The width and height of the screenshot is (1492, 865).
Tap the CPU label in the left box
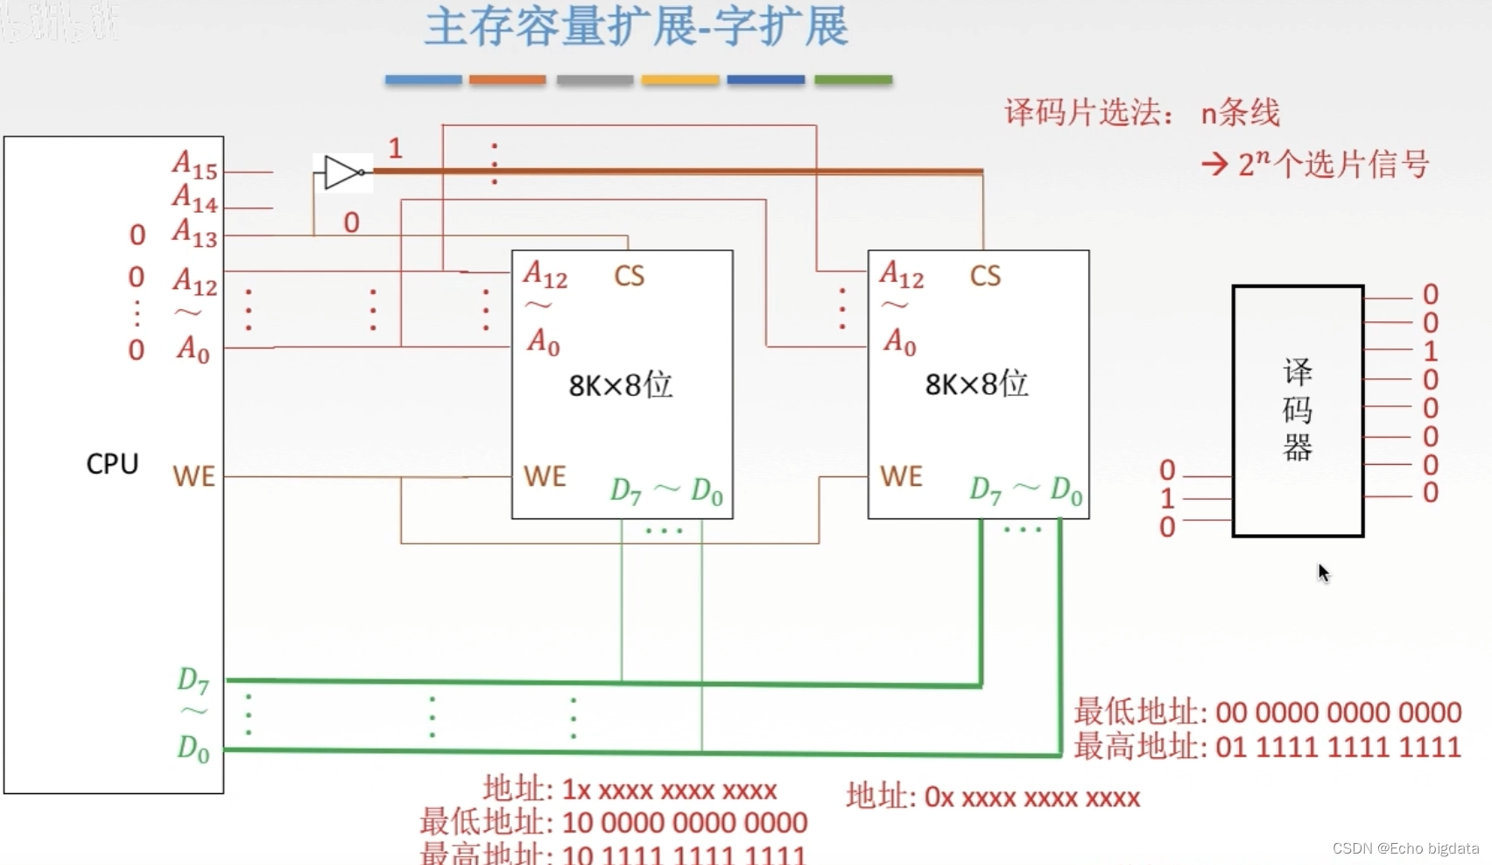112,463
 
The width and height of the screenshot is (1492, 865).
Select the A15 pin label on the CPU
194,165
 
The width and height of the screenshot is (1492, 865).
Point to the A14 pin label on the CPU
194,199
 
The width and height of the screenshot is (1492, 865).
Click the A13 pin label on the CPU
194,233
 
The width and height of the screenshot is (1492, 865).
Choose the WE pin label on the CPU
194,476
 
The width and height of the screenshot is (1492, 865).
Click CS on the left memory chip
629,277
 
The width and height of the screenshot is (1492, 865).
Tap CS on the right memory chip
985,277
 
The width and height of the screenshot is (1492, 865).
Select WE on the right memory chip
901,476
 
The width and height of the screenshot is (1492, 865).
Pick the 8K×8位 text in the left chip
621,384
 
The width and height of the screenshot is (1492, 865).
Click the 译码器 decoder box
1298,411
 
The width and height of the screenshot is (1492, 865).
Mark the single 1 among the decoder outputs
1431,351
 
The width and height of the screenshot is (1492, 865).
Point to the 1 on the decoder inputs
1167,498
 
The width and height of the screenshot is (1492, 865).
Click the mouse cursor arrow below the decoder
1323,573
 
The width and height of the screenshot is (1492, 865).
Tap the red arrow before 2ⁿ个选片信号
1214,164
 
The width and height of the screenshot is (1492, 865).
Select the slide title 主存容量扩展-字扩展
637,27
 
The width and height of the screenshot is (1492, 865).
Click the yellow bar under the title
680,80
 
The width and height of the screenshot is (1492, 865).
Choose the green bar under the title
853,80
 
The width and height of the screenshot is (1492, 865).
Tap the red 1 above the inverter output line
395,148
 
